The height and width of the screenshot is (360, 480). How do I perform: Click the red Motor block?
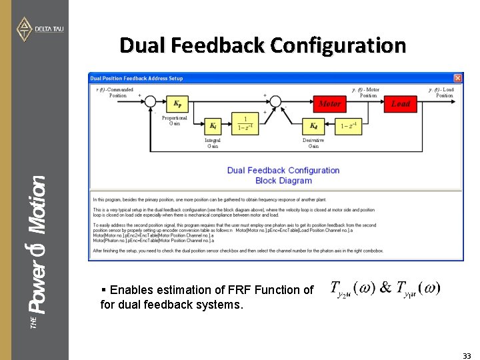tap(329, 103)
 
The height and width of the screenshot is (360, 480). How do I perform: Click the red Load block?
tap(401, 103)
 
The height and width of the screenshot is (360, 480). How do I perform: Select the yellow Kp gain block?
tap(177, 103)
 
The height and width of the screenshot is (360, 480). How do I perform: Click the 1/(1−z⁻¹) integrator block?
tap(245, 124)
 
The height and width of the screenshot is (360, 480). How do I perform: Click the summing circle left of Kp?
tap(151, 102)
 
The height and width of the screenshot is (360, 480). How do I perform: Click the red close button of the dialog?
tap(457, 78)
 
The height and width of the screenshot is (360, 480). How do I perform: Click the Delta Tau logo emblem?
tap(24, 29)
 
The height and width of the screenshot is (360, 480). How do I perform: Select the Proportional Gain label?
tap(175, 121)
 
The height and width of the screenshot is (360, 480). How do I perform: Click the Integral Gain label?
tap(213, 143)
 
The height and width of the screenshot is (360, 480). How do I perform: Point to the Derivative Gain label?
tap(313, 143)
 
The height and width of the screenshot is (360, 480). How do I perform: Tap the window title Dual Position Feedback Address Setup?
tap(137, 78)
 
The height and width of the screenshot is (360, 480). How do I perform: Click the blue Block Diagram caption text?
tap(283, 181)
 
